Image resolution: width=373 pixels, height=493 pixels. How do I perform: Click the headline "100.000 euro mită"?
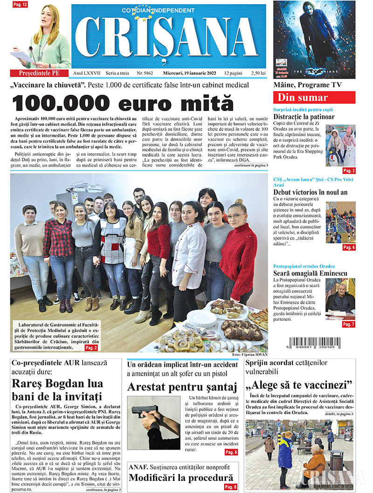pyautogui.click(x=122, y=103)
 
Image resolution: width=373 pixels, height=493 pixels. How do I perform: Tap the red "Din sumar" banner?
pyautogui.click(x=314, y=97)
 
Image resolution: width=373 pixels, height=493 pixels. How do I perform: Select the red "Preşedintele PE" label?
pyautogui.click(x=40, y=74)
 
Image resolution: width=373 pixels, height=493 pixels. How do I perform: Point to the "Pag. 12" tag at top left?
pyautogui.click(x=21, y=4)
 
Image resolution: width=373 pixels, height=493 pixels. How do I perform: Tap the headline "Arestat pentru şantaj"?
pyautogui.click(x=182, y=386)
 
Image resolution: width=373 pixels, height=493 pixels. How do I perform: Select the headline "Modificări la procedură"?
pyautogui.click(x=180, y=477)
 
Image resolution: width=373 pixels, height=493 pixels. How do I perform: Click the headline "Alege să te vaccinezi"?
pyautogui.click(x=299, y=385)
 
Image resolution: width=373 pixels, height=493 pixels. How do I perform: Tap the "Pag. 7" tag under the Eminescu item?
pyautogui.click(x=348, y=324)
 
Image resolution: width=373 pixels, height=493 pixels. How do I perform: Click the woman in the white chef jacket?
pyautogui.click(x=189, y=252)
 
